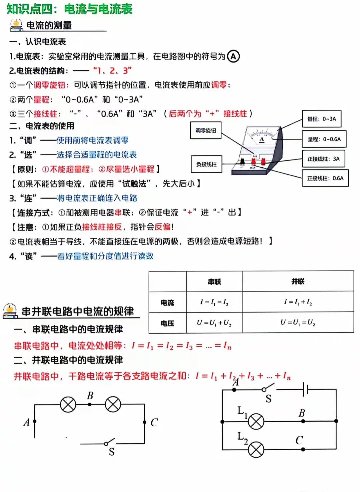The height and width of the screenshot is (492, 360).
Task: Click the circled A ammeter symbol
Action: (x=233, y=56)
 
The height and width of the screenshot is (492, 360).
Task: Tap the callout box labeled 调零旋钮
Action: (x=206, y=130)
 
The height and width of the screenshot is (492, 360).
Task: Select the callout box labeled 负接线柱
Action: (x=206, y=164)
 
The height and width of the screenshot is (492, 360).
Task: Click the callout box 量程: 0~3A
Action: (x=322, y=119)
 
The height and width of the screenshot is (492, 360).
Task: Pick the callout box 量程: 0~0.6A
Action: (x=324, y=139)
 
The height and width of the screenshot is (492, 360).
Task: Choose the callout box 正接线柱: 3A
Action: (x=323, y=159)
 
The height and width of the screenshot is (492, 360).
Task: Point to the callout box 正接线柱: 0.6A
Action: (x=325, y=178)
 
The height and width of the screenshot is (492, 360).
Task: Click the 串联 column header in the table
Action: (x=214, y=282)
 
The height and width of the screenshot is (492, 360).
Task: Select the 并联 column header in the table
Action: (x=298, y=282)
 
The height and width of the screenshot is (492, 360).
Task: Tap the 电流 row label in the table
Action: (x=167, y=303)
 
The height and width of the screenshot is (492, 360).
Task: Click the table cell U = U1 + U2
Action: (x=214, y=323)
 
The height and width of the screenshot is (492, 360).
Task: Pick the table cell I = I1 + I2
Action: (x=298, y=302)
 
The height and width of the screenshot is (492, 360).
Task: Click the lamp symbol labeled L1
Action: (x=256, y=421)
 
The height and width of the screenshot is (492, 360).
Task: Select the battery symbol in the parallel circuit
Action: (x=305, y=389)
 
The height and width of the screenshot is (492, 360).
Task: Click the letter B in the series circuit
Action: (x=90, y=396)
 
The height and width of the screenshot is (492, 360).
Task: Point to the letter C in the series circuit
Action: (x=154, y=422)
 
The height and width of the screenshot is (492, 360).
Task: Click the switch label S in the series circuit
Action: (x=111, y=452)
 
